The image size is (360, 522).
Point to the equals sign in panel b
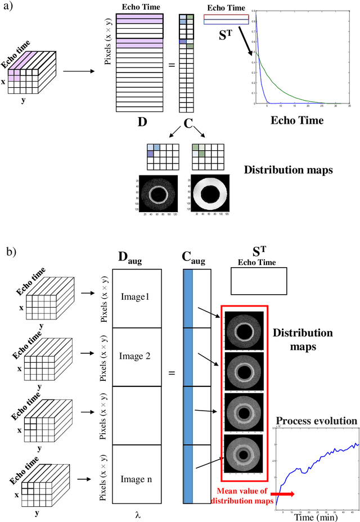[172, 373]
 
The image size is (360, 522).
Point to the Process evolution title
[317, 421]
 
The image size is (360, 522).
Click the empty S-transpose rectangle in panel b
[259, 281]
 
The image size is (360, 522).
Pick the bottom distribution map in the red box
[244, 453]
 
